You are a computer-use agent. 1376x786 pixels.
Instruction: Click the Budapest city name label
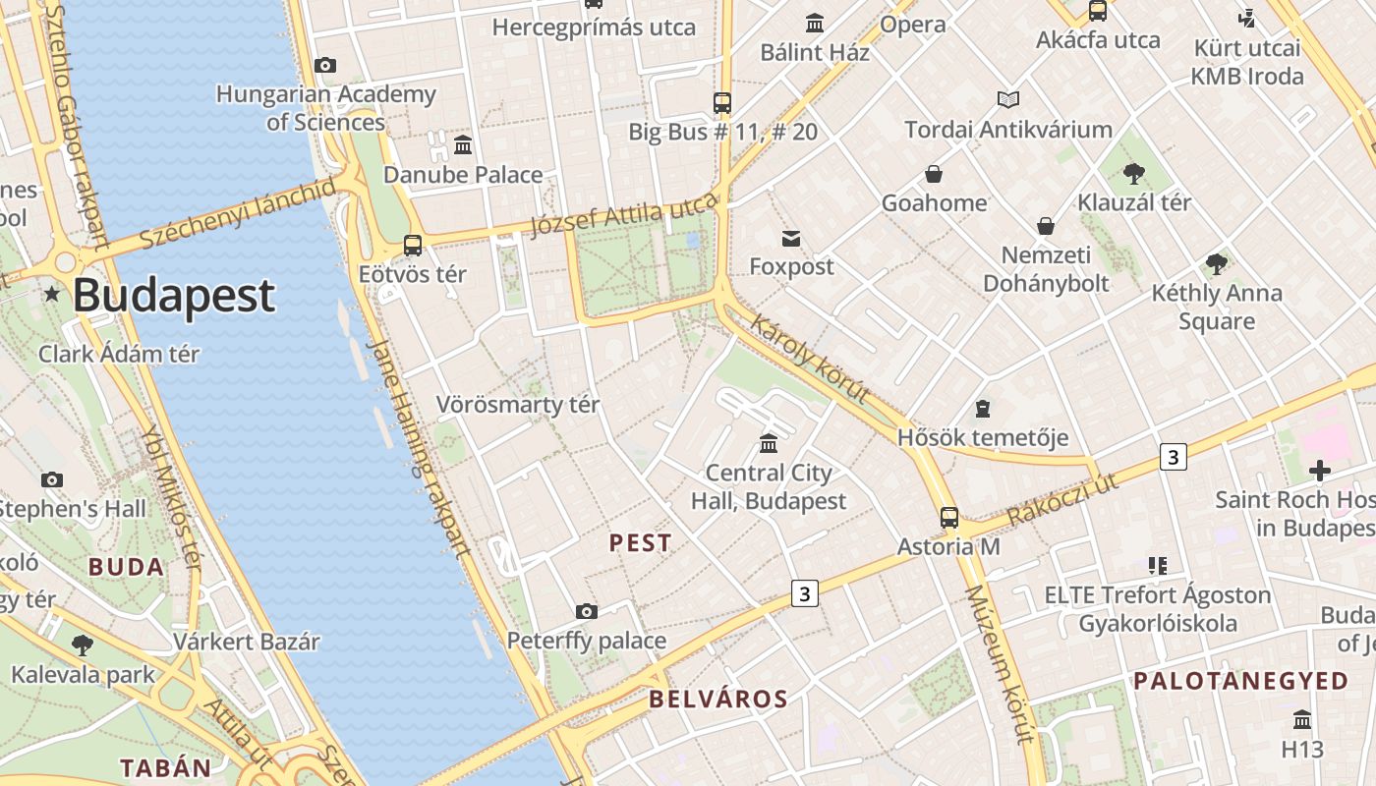(173, 295)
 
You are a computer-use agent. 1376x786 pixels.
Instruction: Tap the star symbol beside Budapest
(51, 294)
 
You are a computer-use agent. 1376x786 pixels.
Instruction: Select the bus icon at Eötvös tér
(413, 246)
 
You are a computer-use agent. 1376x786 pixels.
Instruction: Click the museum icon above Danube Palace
(463, 145)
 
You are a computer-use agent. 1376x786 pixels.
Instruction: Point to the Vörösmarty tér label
(518, 404)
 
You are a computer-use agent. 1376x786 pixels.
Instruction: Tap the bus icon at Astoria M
(949, 517)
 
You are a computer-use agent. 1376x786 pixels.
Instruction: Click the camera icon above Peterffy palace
(587, 611)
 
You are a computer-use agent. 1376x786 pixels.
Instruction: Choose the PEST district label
(641, 542)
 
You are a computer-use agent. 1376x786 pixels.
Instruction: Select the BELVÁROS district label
(718, 700)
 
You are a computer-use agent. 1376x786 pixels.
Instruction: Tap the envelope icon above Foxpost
(791, 238)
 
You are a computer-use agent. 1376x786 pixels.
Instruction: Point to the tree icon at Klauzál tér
(1133, 174)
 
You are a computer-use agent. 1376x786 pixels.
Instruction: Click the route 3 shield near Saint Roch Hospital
(1172, 457)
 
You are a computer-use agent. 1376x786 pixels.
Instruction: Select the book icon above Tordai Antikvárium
(1008, 99)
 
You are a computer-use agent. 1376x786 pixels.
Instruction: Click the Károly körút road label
(810, 359)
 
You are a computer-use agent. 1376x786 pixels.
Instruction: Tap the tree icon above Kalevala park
(83, 646)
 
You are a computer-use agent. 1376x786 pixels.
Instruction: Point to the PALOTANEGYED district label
(1241, 681)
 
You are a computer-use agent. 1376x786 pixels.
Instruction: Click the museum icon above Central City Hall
(769, 443)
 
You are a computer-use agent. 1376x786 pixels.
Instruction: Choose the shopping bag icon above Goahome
(934, 174)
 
